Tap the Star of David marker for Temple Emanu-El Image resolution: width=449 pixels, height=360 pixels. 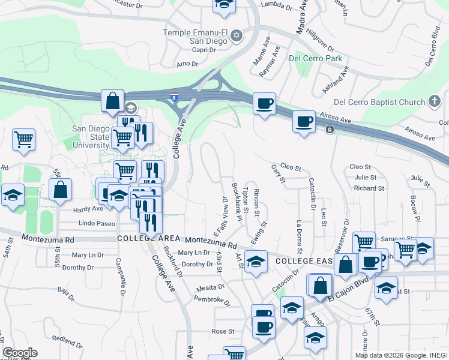[x=237, y=35]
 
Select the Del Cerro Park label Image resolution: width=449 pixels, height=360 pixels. [x=315, y=58]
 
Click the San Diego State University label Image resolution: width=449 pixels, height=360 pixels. [x=91, y=137]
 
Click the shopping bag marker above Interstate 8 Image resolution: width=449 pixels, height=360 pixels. [x=112, y=101]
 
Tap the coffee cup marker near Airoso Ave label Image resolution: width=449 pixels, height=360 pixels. [x=304, y=122]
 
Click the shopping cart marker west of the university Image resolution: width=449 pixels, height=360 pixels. [x=23, y=140]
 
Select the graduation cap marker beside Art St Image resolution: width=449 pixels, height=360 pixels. [x=256, y=262]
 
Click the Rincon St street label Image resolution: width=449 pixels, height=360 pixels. [x=256, y=202]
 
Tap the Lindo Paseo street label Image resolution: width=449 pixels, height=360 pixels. [x=97, y=223]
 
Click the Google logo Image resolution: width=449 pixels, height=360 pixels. [x=20, y=353]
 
